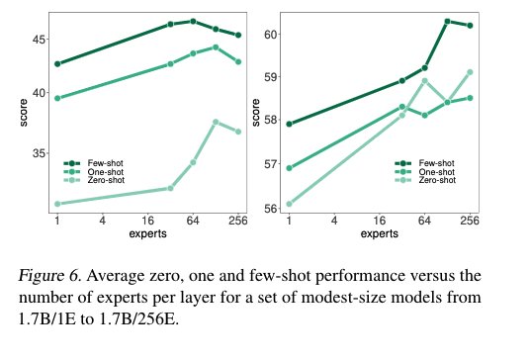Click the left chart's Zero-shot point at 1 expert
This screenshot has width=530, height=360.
click(x=57, y=204)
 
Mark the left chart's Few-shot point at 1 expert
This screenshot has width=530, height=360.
click(x=57, y=63)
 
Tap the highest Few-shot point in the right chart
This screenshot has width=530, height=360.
click(x=447, y=21)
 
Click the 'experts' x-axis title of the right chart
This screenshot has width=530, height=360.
click(x=380, y=234)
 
